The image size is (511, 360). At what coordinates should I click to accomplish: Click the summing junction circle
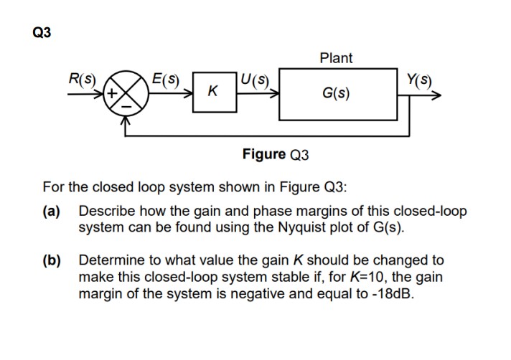126,93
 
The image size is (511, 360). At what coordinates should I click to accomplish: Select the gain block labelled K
212,92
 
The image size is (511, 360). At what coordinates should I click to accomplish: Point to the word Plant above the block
336,58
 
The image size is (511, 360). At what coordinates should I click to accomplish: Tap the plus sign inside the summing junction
115,93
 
